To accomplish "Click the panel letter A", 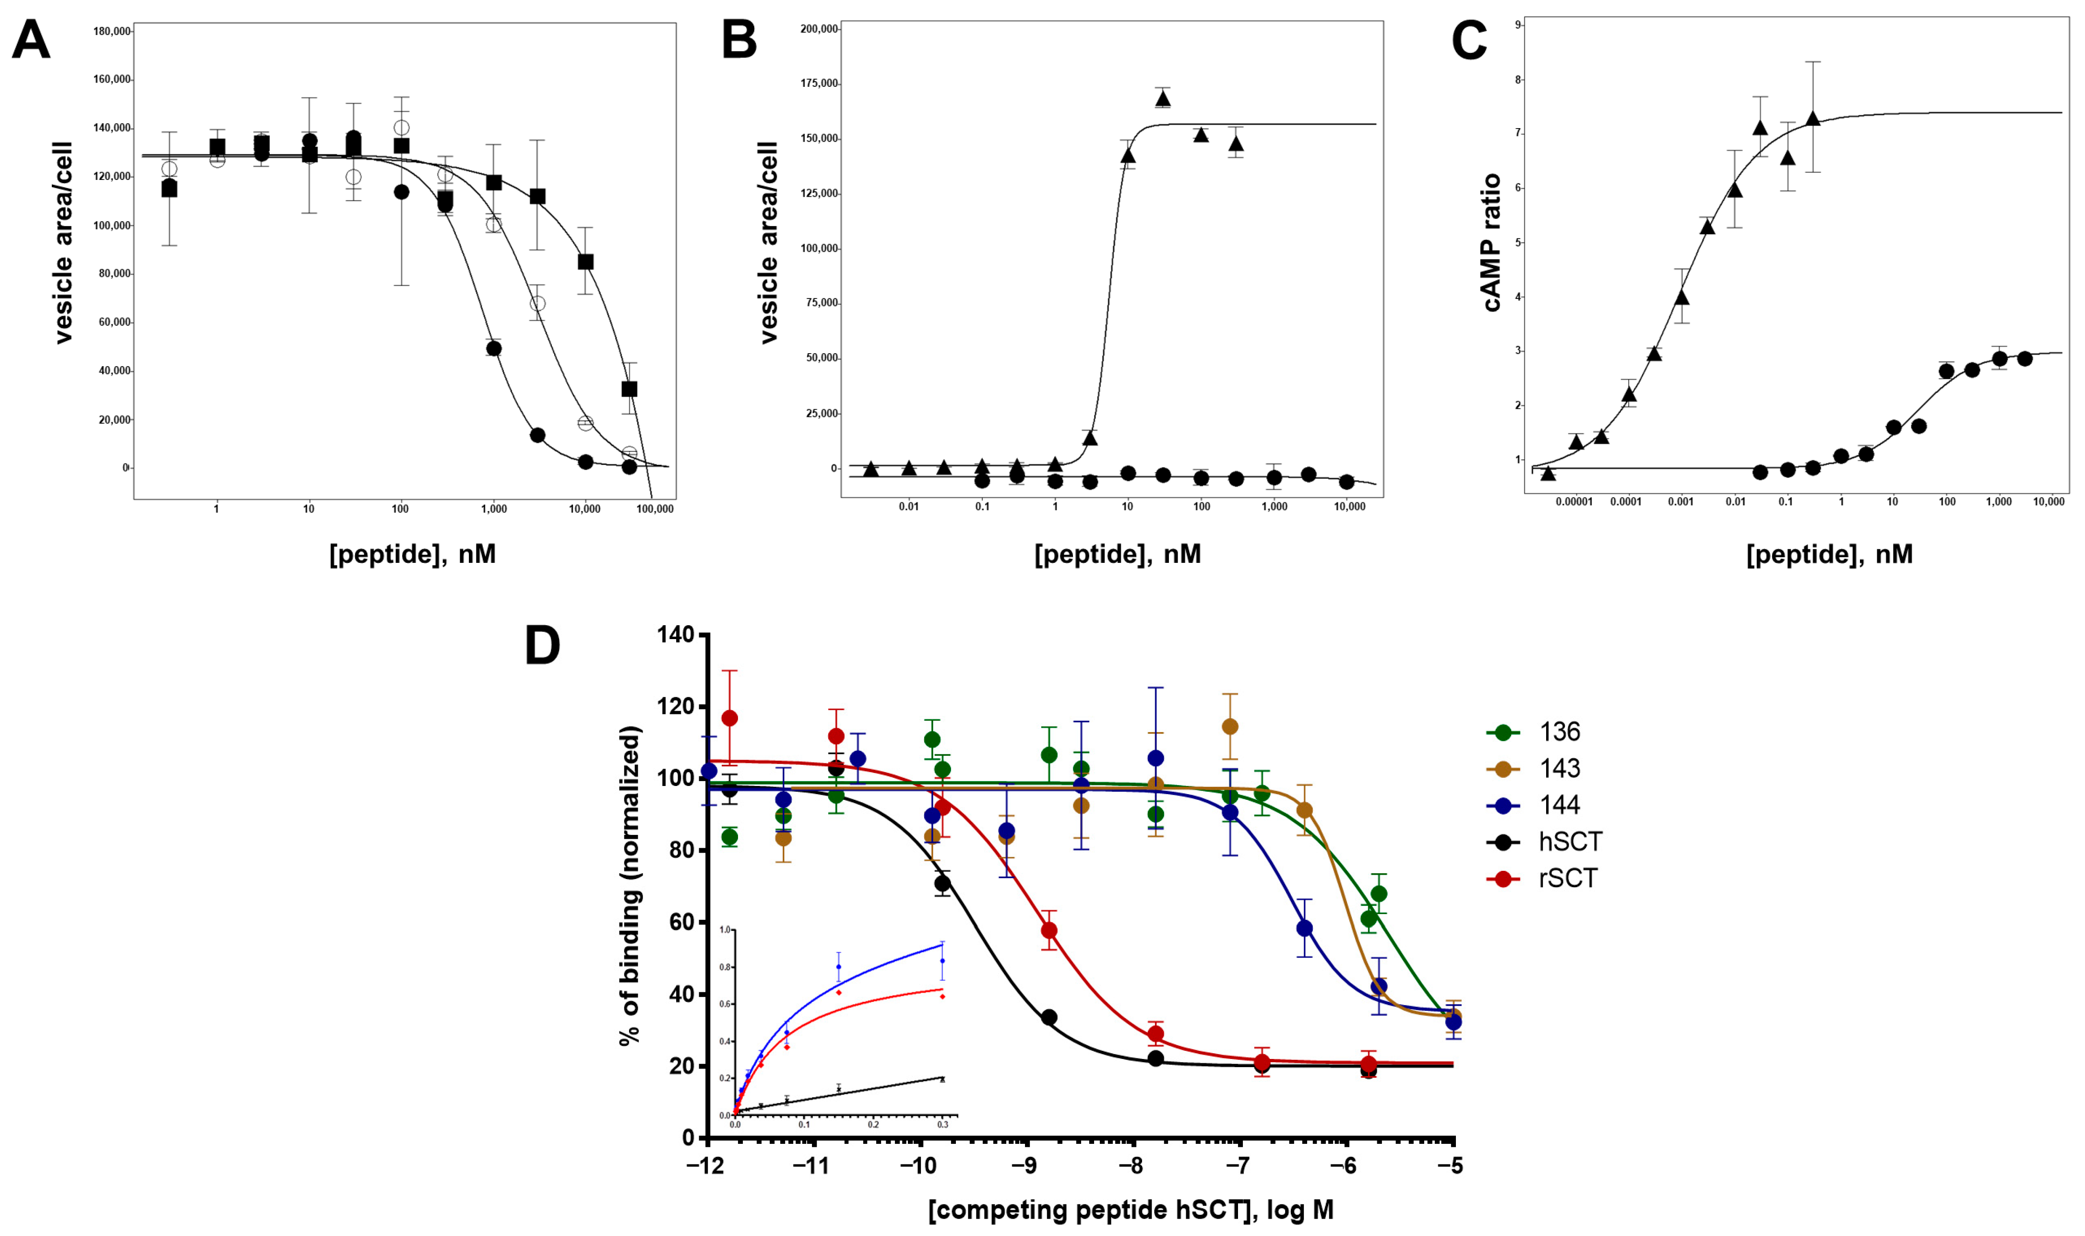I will [x=31, y=40].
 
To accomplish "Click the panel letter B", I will [x=739, y=40].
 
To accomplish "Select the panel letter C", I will [x=1468, y=40].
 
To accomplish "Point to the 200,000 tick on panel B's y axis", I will [x=818, y=29].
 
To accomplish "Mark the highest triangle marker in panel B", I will [x=1163, y=99].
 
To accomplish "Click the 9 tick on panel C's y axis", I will [x=1519, y=26].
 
